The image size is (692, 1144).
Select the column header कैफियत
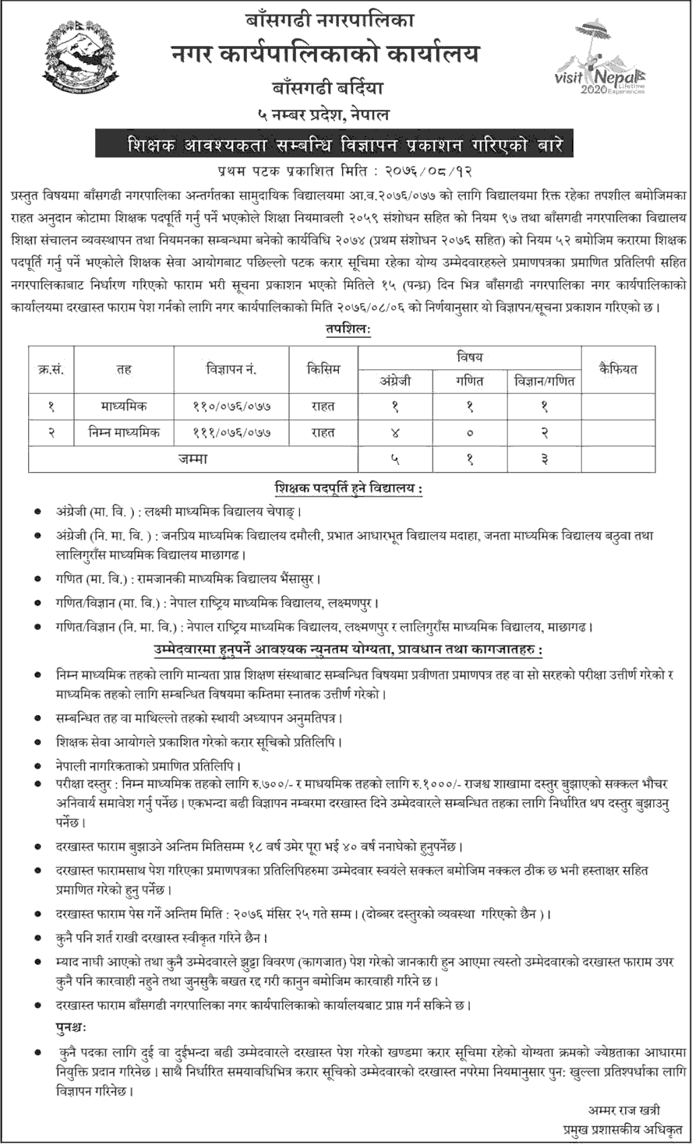tap(618, 369)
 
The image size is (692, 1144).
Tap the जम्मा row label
tap(192, 459)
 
